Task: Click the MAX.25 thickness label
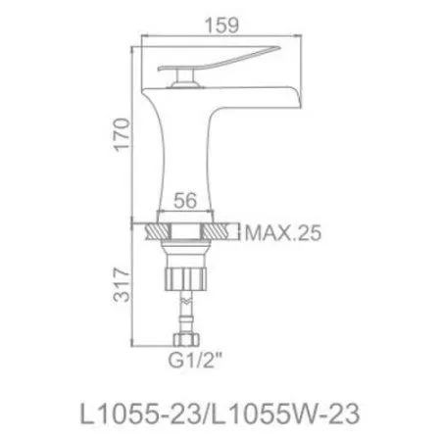pyautogui.click(x=281, y=235)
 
